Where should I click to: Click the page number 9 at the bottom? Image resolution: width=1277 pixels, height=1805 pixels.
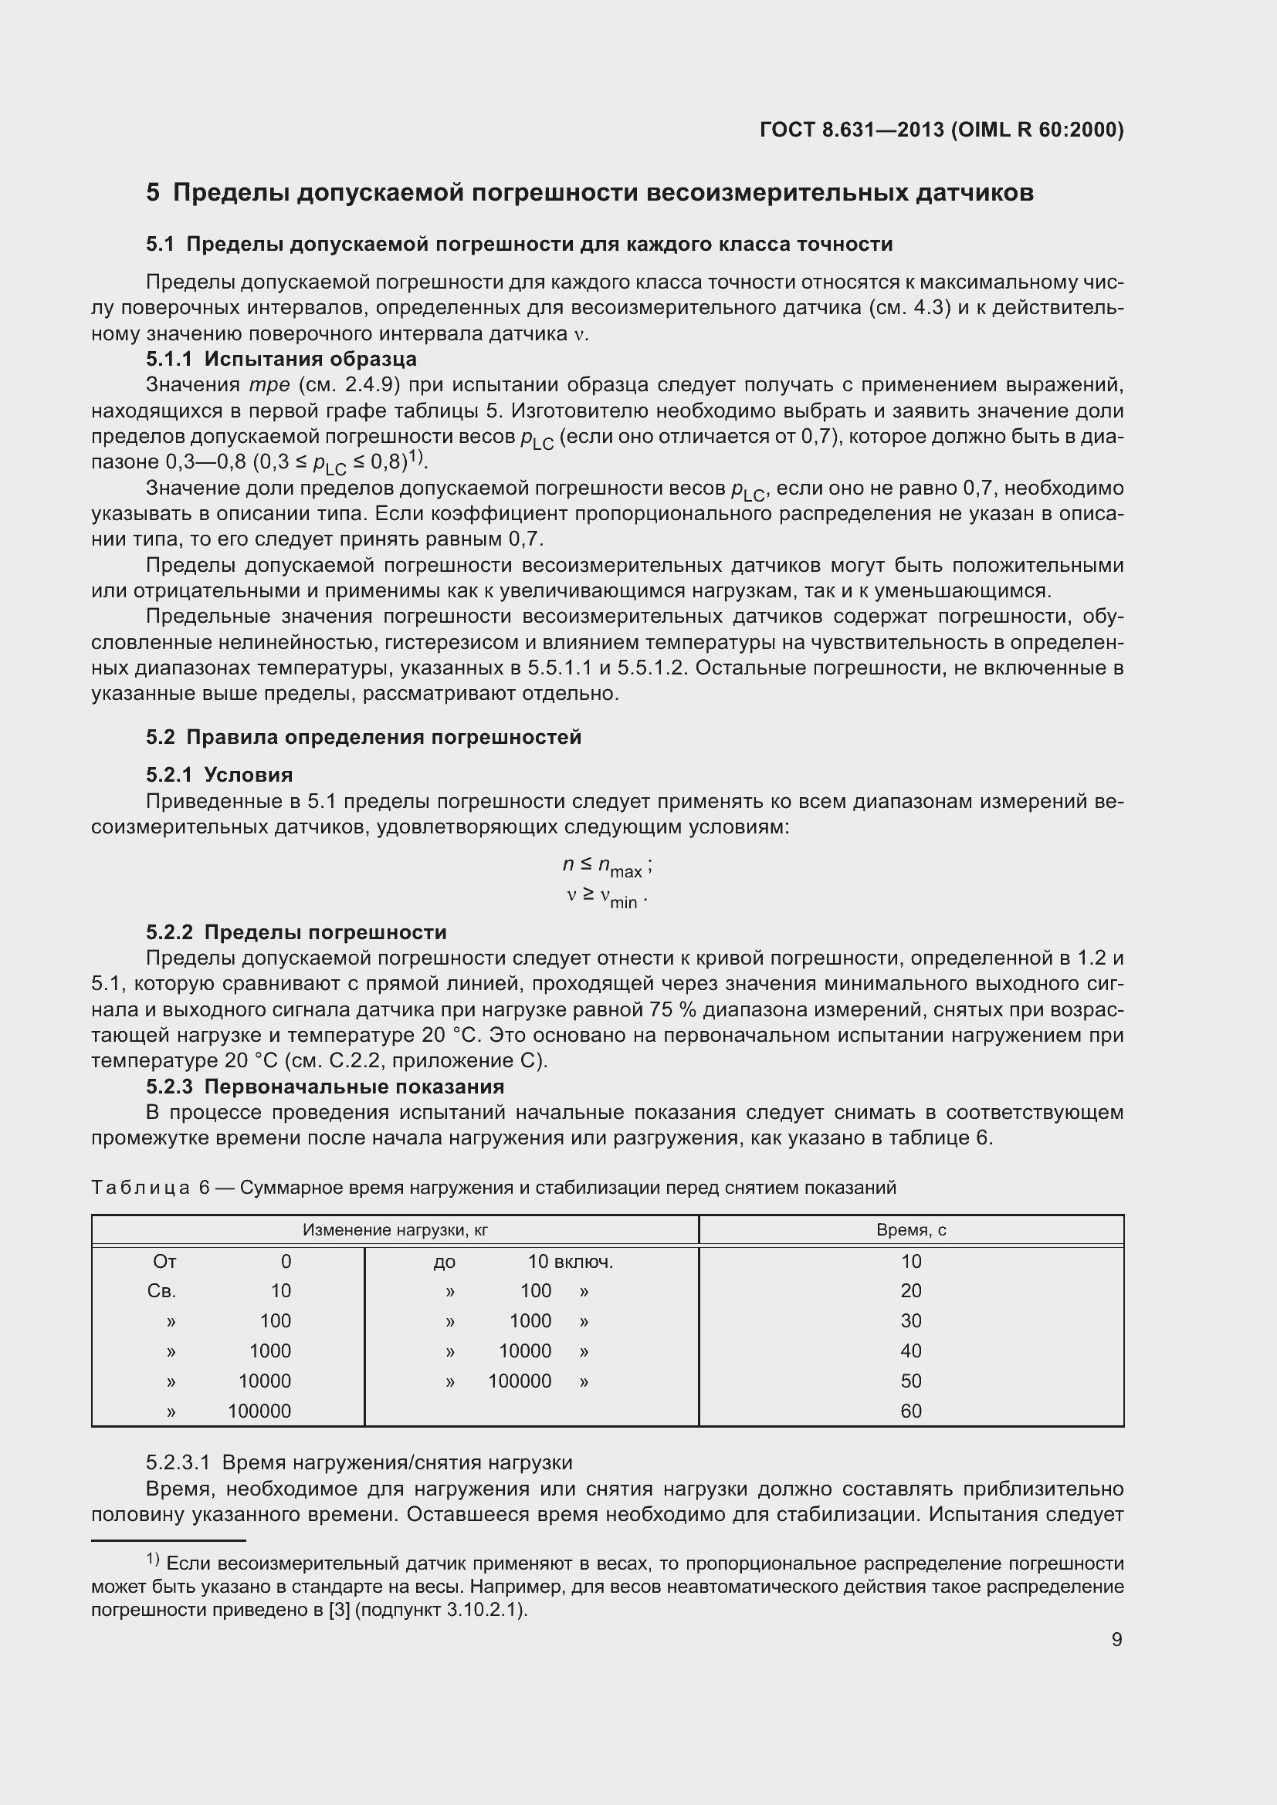tap(1116, 1639)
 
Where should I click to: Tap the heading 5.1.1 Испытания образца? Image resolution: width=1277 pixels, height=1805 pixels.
tap(281, 360)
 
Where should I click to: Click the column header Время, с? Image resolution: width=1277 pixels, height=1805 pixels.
tap(910, 1229)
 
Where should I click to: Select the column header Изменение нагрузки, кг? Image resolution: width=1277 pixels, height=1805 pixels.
tap(395, 1229)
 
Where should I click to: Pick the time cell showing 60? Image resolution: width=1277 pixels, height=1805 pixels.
tap(910, 1411)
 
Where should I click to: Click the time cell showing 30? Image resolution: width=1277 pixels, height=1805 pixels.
tap(910, 1320)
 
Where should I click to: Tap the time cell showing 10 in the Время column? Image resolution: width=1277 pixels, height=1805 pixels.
tap(910, 1262)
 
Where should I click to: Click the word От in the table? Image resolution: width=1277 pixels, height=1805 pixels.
tap(164, 1262)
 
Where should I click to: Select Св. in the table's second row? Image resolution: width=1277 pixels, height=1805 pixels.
tap(161, 1291)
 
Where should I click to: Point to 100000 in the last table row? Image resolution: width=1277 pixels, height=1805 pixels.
tap(259, 1411)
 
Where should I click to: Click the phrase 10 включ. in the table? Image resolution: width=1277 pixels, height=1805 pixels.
tap(570, 1262)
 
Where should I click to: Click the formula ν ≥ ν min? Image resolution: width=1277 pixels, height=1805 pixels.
tap(606, 897)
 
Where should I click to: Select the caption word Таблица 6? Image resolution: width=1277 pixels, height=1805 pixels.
tap(151, 1187)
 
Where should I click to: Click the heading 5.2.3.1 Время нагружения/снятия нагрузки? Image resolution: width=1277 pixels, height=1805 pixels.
tap(358, 1462)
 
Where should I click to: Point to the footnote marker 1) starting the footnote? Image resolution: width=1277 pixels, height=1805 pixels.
tap(153, 1560)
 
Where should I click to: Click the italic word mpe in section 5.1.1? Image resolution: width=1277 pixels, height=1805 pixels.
tap(269, 385)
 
